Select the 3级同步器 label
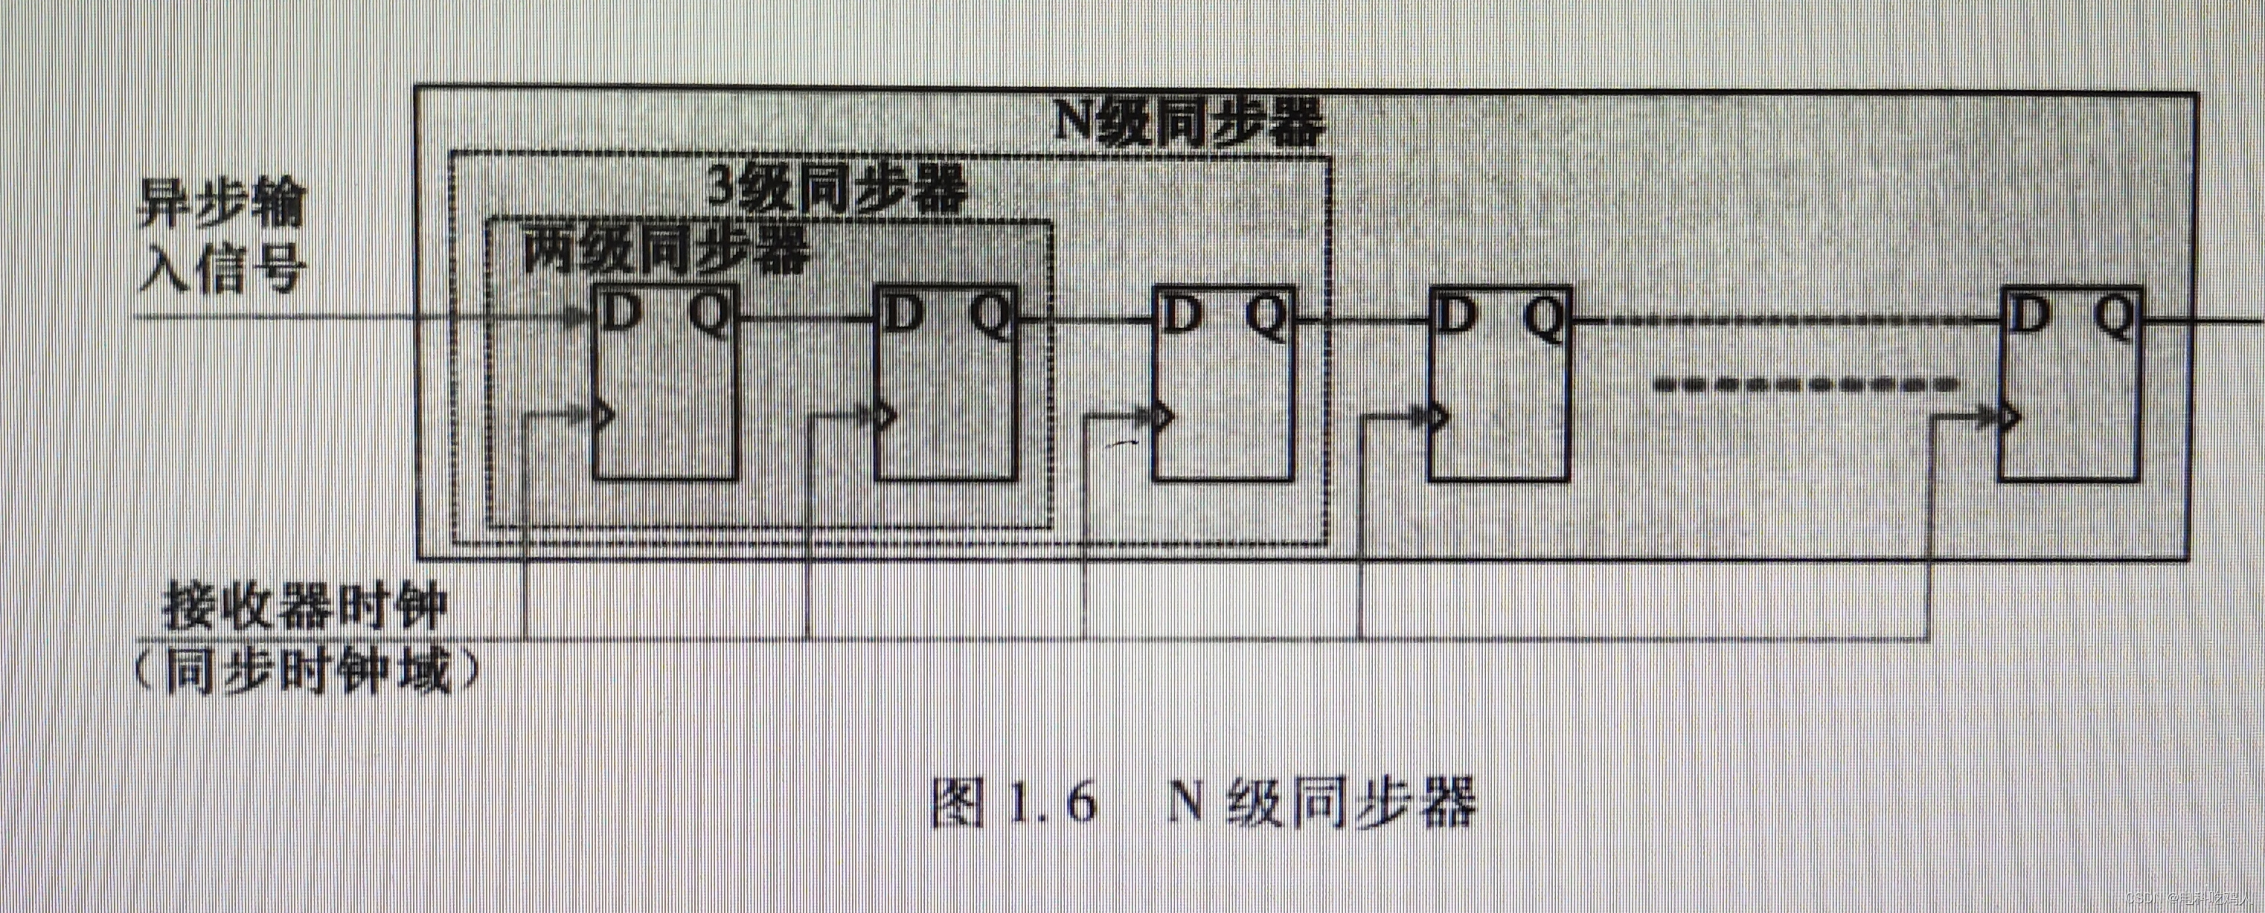click(837, 188)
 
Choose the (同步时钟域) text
click(308, 673)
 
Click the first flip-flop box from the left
click(664, 383)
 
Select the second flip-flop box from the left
click(945, 383)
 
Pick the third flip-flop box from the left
click(1223, 383)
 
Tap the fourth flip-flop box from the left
click(1499, 383)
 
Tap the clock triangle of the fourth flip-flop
click(1438, 416)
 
